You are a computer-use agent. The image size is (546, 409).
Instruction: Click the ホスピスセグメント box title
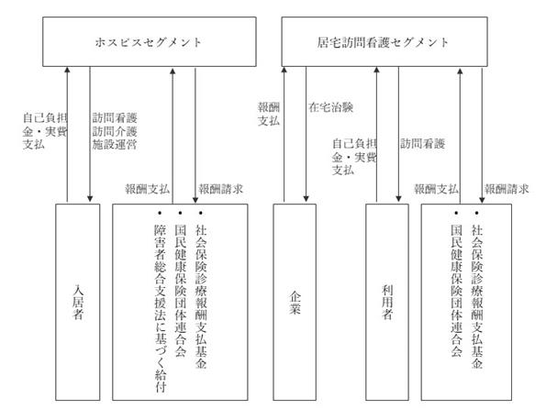click(149, 42)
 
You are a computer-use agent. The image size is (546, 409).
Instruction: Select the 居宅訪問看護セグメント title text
click(383, 42)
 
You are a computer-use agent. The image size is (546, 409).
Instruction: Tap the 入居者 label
click(78, 302)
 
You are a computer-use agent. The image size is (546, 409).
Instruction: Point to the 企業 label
click(295, 302)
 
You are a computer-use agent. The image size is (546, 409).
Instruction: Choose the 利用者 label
click(387, 302)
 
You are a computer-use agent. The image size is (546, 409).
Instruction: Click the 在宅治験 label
click(330, 107)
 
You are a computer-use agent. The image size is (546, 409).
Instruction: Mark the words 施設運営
click(115, 144)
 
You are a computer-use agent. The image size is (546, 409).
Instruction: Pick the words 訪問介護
click(115, 131)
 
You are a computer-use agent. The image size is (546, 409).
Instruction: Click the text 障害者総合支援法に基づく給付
click(161, 308)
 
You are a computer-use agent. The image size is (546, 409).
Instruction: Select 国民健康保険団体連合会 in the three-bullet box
click(181, 291)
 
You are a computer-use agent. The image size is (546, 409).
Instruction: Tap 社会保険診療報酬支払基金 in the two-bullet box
click(477, 296)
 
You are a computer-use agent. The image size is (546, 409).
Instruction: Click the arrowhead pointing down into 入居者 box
click(90, 199)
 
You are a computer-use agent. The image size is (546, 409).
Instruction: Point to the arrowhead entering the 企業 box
click(306, 198)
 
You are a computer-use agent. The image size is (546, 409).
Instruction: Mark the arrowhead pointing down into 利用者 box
click(398, 198)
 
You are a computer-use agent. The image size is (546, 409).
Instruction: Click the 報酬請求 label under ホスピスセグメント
click(221, 189)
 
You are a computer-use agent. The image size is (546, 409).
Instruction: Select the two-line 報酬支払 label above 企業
click(269, 114)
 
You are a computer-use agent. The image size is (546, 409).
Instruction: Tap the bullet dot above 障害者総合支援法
click(160, 213)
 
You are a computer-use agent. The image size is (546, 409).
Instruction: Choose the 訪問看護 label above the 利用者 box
click(422, 144)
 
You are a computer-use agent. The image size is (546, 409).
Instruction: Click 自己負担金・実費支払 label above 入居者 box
click(45, 131)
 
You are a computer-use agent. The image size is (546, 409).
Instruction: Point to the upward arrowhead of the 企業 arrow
click(284, 71)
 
